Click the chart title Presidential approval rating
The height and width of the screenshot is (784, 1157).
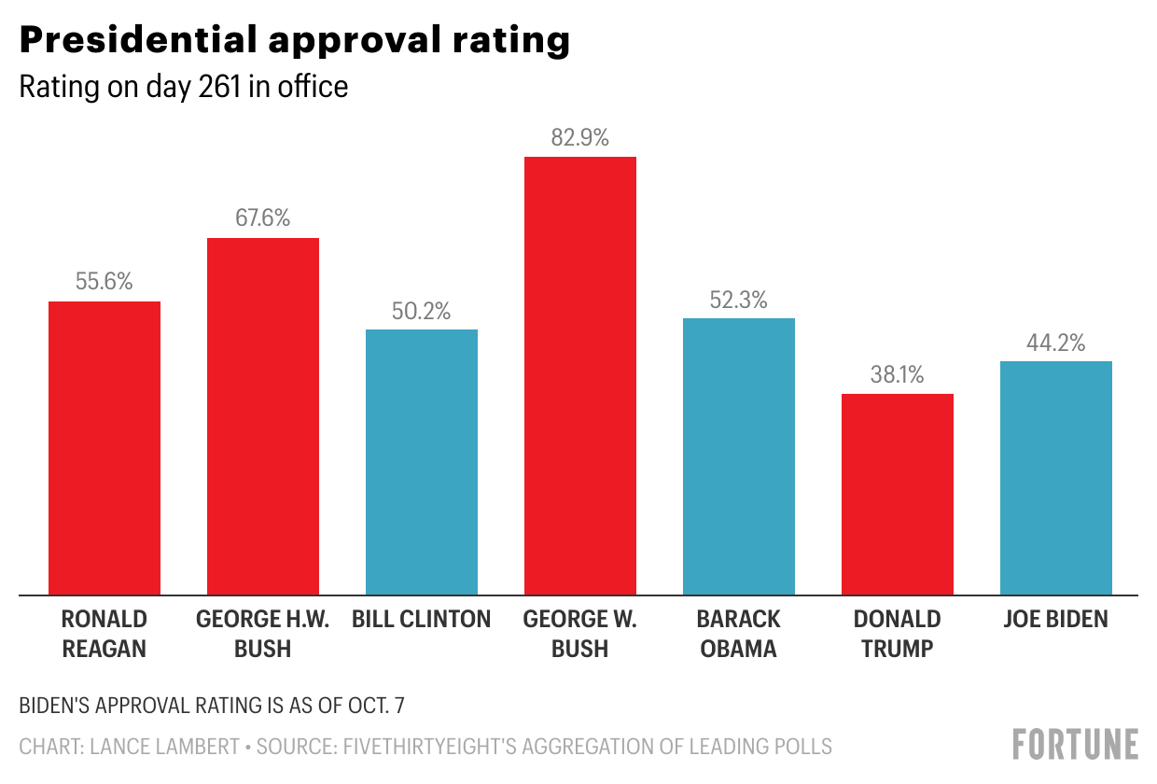tap(295, 40)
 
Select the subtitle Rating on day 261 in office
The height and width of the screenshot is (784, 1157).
tap(184, 87)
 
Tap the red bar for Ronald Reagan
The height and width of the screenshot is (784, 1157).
tap(105, 448)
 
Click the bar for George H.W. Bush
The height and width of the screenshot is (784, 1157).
tap(263, 416)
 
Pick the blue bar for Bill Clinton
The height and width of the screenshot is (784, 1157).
tap(422, 462)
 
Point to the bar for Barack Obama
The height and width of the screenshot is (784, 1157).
tap(739, 456)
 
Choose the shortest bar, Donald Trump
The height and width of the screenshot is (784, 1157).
tap(898, 494)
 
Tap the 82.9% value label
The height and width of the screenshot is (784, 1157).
tap(580, 138)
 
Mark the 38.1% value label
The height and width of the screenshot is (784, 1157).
tap(898, 375)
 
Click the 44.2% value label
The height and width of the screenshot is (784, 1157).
tap(1056, 343)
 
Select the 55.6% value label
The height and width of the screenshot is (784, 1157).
tap(105, 282)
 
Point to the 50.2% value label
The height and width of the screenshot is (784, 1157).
tap(422, 311)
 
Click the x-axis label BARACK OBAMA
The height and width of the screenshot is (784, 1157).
tap(739, 634)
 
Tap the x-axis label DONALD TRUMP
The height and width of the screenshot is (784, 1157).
tap(898, 634)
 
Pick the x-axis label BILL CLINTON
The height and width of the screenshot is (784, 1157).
tap(422, 619)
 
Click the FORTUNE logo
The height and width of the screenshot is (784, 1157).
tap(1076, 744)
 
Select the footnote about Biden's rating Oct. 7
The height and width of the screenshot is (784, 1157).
tap(212, 706)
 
